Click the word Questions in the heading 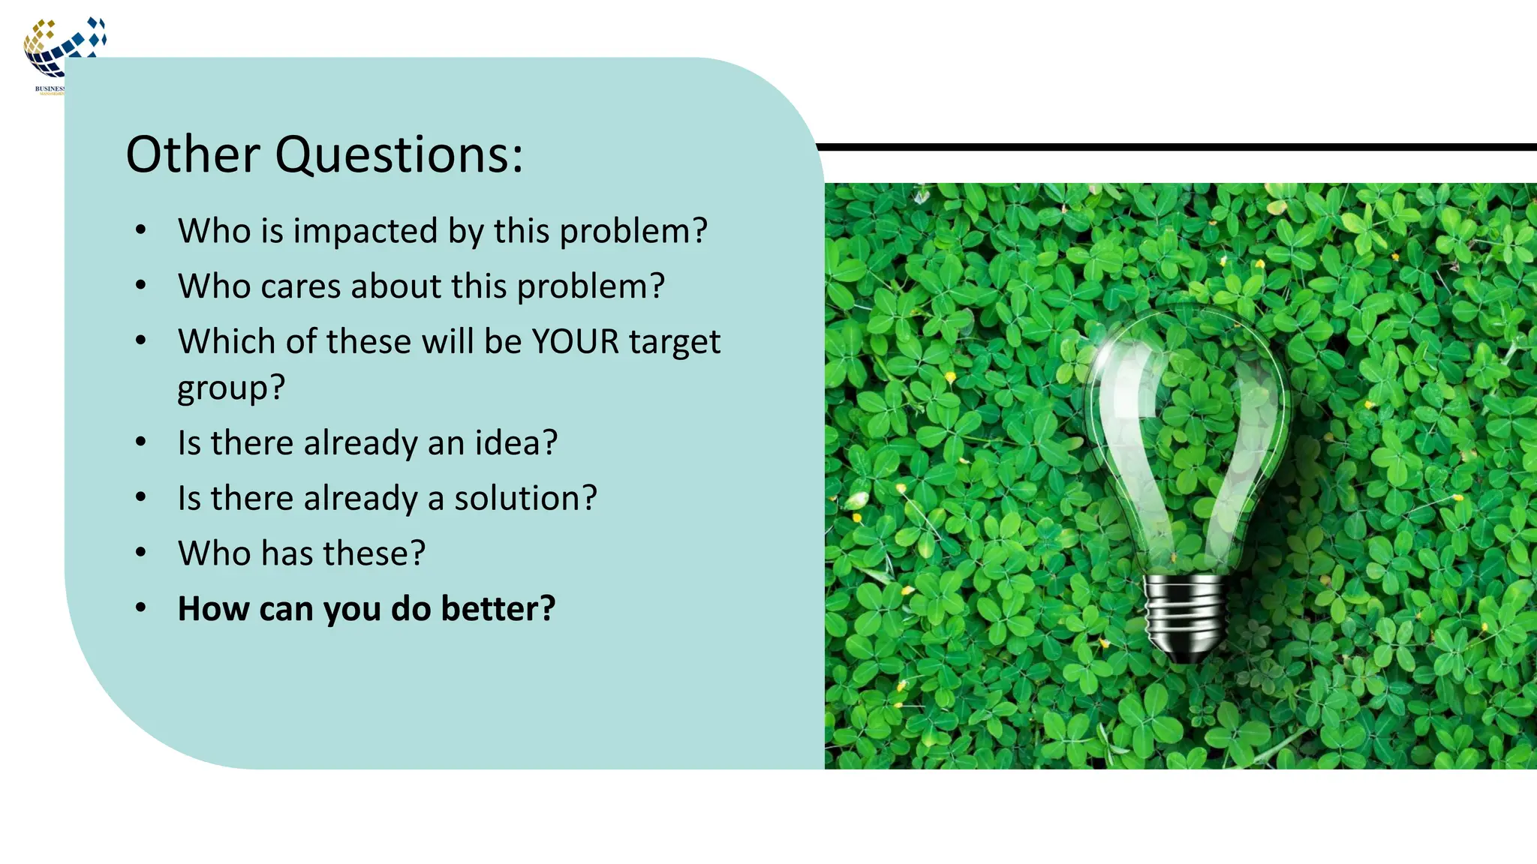coord(399,155)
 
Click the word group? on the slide coord(231,388)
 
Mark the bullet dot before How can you coord(141,608)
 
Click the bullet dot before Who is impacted coord(141,230)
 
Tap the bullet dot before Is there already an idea coord(141,442)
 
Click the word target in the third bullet coord(674,341)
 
